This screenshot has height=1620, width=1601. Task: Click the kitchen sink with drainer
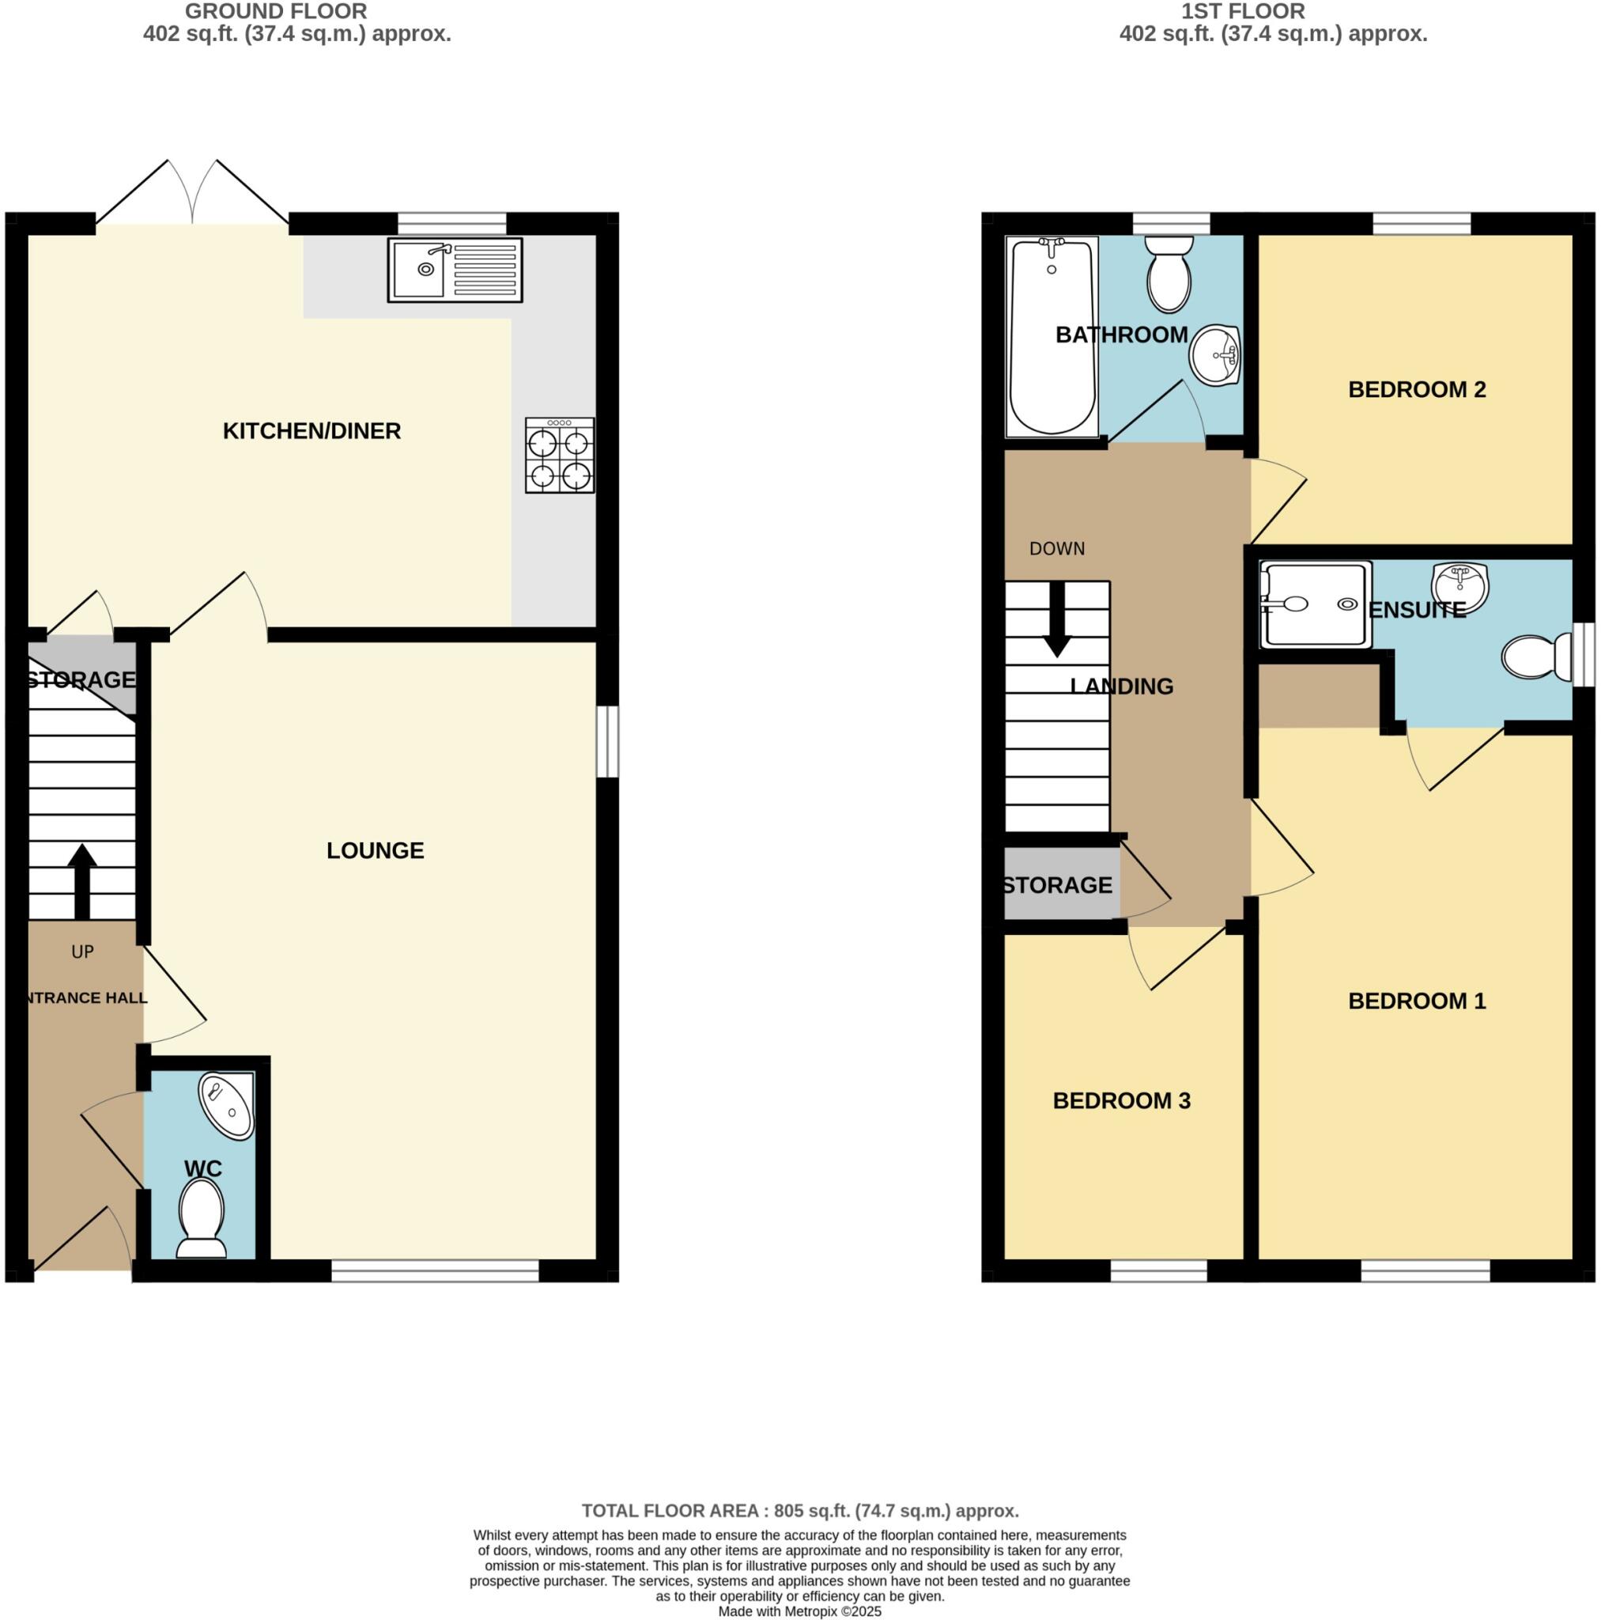pyautogui.click(x=455, y=269)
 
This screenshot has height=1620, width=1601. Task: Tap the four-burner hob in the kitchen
pyautogui.click(x=559, y=455)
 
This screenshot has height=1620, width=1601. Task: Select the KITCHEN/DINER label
pyautogui.click(x=311, y=431)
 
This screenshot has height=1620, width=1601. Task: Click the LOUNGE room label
pyautogui.click(x=375, y=850)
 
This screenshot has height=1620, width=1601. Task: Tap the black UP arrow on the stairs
pyautogui.click(x=81, y=880)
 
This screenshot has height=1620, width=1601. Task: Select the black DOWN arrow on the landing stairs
pyautogui.click(x=1057, y=619)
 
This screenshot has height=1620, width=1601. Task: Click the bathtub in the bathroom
pyautogui.click(x=1052, y=335)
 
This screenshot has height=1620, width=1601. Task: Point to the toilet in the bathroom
pyautogui.click(x=1169, y=270)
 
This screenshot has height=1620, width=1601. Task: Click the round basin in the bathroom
pyautogui.click(x=1214, y=354)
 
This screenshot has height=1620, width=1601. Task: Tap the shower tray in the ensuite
pyautogui.click(x=1314, y=604)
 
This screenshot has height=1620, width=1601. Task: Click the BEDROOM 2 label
pyautogui.click(x=1416, y=389)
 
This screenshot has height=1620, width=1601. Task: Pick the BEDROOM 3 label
pyautogui.click(x=1121, y=1100)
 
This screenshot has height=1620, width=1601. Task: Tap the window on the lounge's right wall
pyautogui.click(x=608, y=741)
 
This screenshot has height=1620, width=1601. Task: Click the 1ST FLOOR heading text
pyautogui.click(x=1242, y=12)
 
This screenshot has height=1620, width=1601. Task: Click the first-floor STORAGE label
pyautogui.click(x=1057, y=884)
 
